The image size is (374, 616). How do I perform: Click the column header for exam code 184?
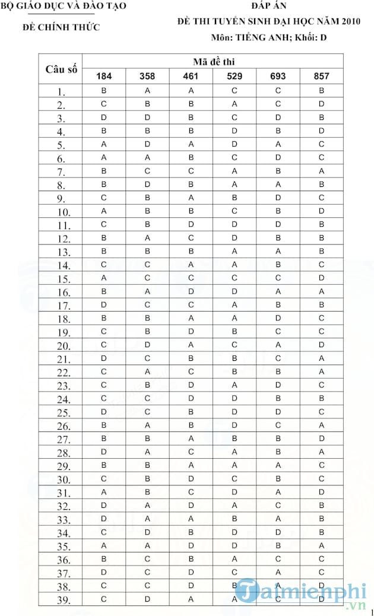(x=104, y=76)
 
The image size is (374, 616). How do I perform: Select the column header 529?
(x=234, y=76)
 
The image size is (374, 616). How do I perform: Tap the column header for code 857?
(x=321, y=76)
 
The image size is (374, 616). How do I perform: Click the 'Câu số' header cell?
(x=61, y=69)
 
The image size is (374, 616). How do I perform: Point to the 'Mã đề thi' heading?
(x=213, y=61)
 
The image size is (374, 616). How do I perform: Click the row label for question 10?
(x=64, y=212)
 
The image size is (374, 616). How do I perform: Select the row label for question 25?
(x=64, y=412)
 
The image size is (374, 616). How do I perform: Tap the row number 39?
(x=64, y=599)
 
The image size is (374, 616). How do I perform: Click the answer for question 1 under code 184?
(x=104, y=91)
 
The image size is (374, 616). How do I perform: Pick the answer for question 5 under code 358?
(x=147, y=144)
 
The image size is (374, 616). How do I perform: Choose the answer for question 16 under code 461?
(x=191, y=291)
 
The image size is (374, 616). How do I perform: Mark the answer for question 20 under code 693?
(x=278, y=345)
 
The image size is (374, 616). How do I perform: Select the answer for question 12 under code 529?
(x=234, y=238)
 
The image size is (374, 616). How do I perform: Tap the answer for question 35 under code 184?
(x=104, y=545)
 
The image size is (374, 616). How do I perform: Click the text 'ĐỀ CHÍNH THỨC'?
(x=61, y=27)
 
